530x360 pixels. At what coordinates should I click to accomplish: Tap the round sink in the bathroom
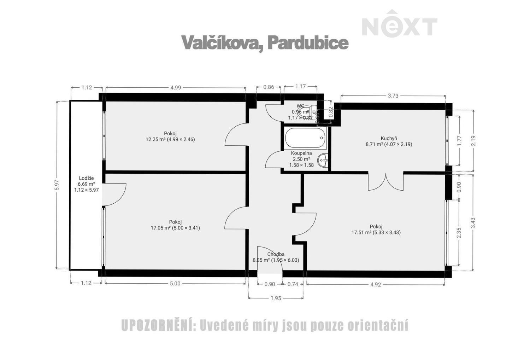(323, 161)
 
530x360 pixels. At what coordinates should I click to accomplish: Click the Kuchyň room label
(389, 138)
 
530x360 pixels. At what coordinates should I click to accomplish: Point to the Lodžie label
(86, 178)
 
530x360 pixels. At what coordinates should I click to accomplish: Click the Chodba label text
(276, 254)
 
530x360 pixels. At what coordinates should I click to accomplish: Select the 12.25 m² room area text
(170, 139)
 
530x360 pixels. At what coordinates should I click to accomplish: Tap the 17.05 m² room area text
(175, 228)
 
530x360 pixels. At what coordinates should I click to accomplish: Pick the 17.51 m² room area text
(376, 233)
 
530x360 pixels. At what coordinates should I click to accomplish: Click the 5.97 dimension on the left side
(57, 185)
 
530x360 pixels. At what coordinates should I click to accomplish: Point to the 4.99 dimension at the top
(176, 88)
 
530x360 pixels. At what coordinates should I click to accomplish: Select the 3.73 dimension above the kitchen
(393, 95)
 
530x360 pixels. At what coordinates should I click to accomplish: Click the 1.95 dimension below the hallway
(276, 298)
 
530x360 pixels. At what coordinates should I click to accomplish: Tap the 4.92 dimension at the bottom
(376, 284)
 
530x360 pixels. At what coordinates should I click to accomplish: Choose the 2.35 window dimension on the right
(459, 233)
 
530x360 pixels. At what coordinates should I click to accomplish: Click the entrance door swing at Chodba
(269, 260)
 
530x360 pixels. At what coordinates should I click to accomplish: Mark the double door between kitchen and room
(386, 181)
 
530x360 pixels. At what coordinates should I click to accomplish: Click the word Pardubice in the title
(308, 43)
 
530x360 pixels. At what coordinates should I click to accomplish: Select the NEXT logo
(399, 25)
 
